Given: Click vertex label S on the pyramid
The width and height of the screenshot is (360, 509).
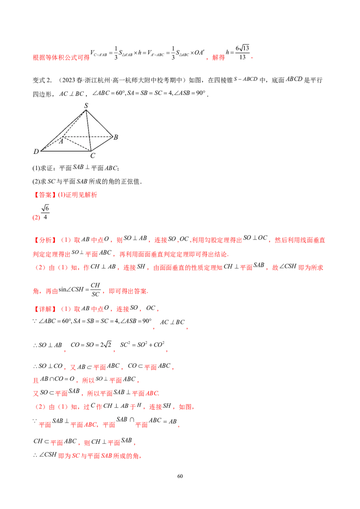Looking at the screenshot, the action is pyautogui.click(x=86, y=105).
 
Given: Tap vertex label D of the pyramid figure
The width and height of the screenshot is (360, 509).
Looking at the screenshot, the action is pyautogui.click(x=36, y=151).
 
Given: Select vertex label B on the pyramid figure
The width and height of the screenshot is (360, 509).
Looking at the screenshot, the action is pyautogui.click(x=116, y=137).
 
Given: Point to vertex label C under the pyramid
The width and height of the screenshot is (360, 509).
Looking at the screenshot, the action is pyautogui.click(x=93, y=156).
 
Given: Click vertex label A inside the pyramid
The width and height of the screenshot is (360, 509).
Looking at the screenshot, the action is pyautogui.click(x=61, y=141).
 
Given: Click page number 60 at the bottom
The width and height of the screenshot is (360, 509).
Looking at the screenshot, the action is pyautogui.click(x=180, y=476).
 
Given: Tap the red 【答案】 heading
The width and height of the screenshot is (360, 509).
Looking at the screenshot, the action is pyautogui.click(x=45, y=195).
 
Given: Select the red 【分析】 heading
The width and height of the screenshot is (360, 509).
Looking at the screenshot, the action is pyautogui.click(x=45, y=240).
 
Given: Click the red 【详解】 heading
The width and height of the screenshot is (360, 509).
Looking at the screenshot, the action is pyautogui.click(x=45, y=309).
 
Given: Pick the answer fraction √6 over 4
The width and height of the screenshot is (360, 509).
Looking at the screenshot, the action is pyautogui.click(x=45, y=212).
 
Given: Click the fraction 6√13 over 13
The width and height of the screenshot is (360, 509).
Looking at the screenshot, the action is pyautogui.click(x=243, y=53).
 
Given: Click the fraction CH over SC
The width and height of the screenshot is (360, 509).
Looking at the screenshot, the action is pyautogui.click(x=95, y=290).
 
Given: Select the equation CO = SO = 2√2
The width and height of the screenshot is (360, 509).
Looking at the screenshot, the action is pyautogui.click(x=91, y=345).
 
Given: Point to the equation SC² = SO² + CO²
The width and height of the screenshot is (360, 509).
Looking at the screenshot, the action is pyautogui.click(x=142, y=344).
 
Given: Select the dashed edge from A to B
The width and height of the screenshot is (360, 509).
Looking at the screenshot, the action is pyautogui.click(x=87, y=137).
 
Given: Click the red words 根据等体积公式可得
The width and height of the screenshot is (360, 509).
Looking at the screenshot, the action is pyautogui.click(x=61, y=58).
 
